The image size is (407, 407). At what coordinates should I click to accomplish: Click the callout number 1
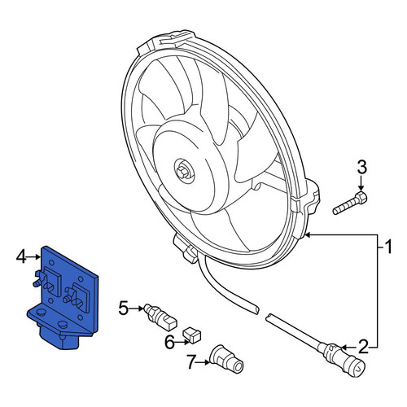coord(388,247)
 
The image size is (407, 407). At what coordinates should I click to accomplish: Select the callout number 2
coord(363,347)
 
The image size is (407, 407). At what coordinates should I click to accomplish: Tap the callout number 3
coord(362,167)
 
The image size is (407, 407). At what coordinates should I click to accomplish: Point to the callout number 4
coord(21,257)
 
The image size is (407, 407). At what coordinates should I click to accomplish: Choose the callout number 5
coord(124,309)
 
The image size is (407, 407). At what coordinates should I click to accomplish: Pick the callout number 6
coord(169,343)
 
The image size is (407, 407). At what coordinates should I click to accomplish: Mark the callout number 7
coord(191,362)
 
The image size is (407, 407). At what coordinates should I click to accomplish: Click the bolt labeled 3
coord(350,203)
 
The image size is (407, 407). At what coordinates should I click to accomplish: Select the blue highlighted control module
coord(63,298)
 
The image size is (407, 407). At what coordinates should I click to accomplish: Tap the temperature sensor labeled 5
coord(160,317)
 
